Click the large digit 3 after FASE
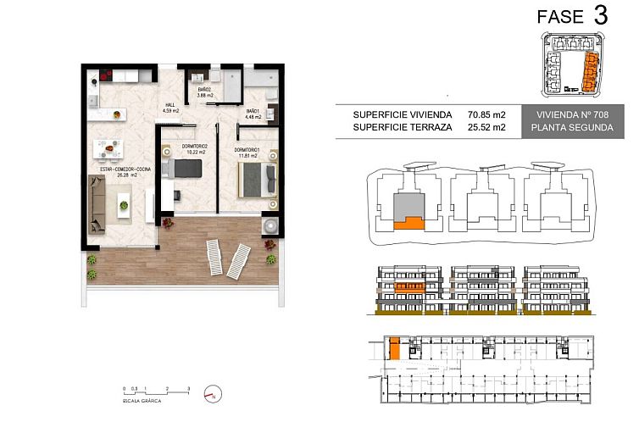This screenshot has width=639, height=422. [600, 15]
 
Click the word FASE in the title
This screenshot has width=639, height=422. [560, 16]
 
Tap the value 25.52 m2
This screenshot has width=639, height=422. [486, 127]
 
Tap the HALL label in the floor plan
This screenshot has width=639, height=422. [168, 106]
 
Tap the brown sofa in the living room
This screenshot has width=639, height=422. [97, 206]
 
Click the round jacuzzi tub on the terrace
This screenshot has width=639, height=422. [270, 226]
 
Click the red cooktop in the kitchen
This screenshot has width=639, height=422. [108, 73]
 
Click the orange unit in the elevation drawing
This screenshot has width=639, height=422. [408, 287]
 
